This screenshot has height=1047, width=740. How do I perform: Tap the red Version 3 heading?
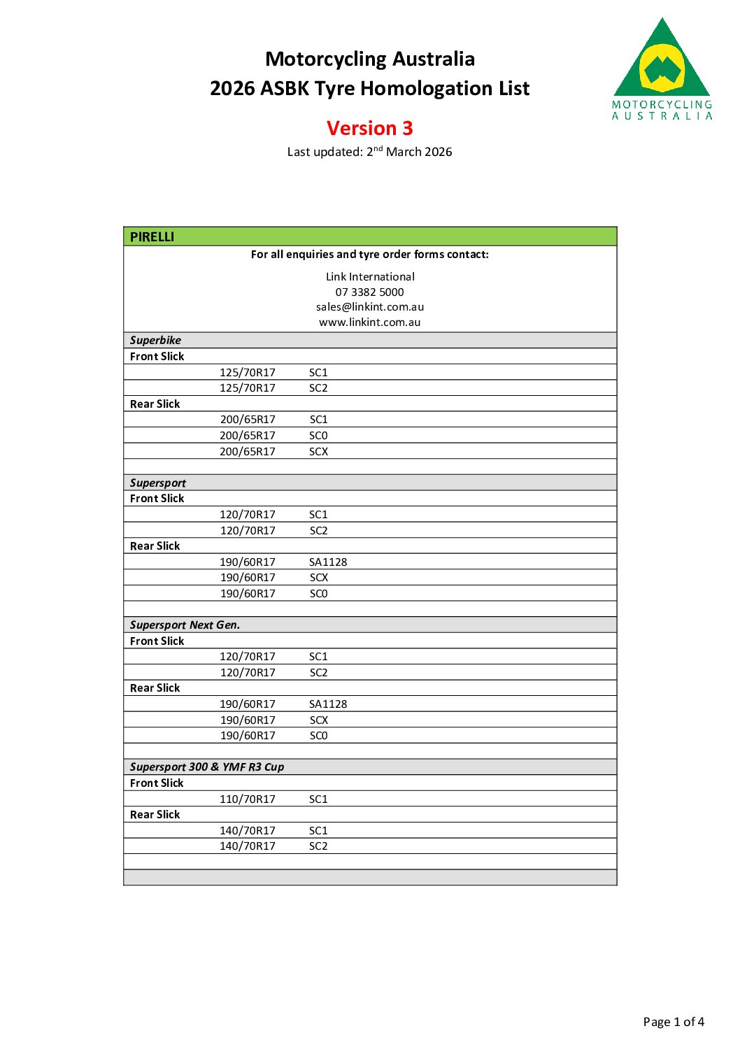369,128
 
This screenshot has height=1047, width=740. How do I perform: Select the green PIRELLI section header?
152,236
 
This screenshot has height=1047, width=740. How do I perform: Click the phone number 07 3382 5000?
369,292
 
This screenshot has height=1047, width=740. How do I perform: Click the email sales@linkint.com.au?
369,306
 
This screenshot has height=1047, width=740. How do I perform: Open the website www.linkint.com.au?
369,322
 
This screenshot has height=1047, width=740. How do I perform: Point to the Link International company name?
369,276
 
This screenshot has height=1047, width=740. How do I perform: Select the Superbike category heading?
155,340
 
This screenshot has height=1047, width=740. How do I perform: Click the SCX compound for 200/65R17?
318,451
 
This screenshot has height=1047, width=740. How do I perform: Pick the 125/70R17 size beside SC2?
248,387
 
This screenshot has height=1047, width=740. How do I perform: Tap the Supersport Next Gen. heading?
185,625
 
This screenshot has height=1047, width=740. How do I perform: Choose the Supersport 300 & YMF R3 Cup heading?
207,767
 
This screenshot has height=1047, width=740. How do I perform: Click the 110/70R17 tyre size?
248,799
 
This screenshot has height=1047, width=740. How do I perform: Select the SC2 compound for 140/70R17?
318,846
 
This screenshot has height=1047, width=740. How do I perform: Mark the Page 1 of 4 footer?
673,1022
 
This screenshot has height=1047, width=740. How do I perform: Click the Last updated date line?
369,152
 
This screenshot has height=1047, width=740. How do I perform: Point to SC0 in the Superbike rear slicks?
318,435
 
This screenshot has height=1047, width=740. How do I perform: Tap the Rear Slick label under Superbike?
155,404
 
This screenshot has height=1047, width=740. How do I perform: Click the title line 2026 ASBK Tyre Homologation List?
369,88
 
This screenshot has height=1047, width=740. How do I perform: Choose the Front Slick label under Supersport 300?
157,783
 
